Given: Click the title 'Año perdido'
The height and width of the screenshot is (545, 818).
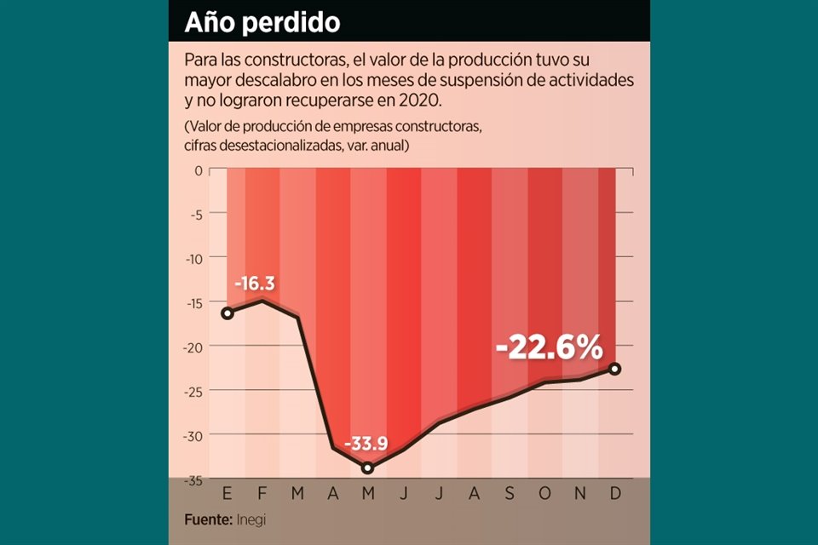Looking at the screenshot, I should (262, 22).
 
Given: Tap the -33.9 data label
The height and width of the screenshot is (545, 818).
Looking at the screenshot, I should (368, 445).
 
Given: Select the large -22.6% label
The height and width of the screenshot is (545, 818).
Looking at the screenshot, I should (550, 347).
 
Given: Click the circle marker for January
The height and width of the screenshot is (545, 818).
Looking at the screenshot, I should (227, 313).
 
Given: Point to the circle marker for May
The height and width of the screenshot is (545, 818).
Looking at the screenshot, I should (367, 468).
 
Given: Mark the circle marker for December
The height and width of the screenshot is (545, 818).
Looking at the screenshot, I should (615, 369).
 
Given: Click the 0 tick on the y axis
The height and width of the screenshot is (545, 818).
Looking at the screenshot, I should (199, 169).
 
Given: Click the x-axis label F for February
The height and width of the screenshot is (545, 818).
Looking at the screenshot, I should (262, 494).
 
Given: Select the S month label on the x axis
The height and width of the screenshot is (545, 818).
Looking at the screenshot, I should (510, 494).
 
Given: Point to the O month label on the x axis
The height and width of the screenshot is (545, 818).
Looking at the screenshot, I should (545, 494).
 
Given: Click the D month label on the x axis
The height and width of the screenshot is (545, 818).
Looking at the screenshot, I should (616, 494).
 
